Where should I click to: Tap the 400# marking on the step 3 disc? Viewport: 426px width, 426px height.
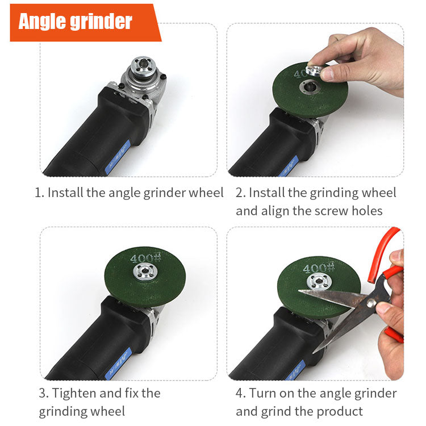[142, 258]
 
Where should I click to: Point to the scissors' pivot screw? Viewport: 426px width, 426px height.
[371, 303]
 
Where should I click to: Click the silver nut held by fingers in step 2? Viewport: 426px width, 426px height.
[314, 72]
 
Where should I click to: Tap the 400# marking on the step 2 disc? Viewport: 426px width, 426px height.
[302, 74]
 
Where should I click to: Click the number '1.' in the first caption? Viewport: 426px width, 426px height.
[40, 193]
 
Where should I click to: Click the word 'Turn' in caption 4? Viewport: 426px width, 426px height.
[263, 393]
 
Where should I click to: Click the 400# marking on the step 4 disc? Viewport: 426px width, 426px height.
[318, 268]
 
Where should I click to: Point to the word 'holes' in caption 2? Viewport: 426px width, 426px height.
[369, 211]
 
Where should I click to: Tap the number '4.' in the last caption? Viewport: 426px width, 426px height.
[241, 393]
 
